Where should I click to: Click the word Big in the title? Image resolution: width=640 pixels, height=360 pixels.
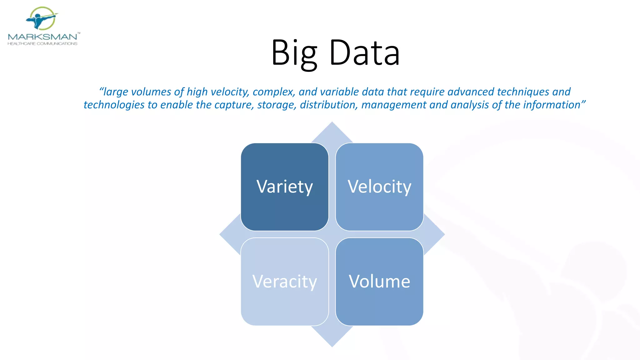(x=294, y=53)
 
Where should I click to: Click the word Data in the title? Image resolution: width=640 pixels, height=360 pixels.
(x=364, y=53)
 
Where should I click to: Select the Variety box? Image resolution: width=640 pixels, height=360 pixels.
(x=284, y=187)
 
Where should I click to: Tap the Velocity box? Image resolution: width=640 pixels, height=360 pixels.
(x=379, y=187)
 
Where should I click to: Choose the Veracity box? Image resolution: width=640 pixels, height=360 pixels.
(x=284, y=282)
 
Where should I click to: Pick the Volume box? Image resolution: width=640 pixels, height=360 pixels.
(x=379, y=282)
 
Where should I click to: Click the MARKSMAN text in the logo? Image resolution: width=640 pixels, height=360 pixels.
(x=42, y=37)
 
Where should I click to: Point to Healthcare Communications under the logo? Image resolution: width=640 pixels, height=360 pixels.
(x=42, y=44)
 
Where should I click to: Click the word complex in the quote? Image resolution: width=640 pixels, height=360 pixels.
(x=273, y=92)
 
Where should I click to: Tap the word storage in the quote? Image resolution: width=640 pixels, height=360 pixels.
(x=277, y=105)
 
